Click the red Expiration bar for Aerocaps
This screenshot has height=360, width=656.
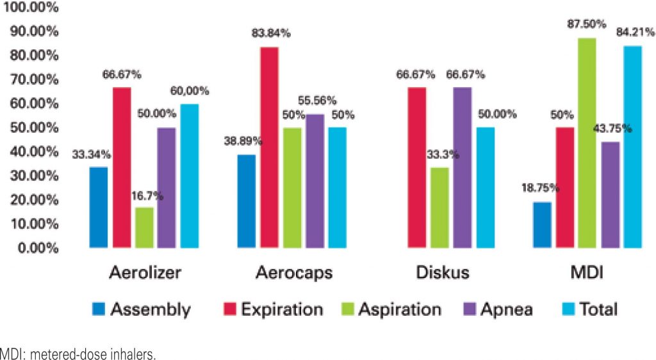pos(269,147)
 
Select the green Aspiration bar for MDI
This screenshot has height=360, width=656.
pos(587,143)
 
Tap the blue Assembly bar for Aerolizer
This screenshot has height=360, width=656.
pos(99,207)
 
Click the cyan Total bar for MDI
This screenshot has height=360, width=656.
pos(632,147)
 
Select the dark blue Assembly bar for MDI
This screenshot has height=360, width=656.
pos(542,225)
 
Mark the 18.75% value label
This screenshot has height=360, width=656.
pos(541,188)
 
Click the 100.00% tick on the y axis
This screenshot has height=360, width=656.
pos(30,8)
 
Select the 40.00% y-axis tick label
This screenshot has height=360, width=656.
pos(31,152)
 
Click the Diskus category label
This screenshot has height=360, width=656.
pos(442,273)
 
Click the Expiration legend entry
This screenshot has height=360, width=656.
pos(272,310)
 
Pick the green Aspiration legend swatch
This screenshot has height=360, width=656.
pos(343,310)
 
